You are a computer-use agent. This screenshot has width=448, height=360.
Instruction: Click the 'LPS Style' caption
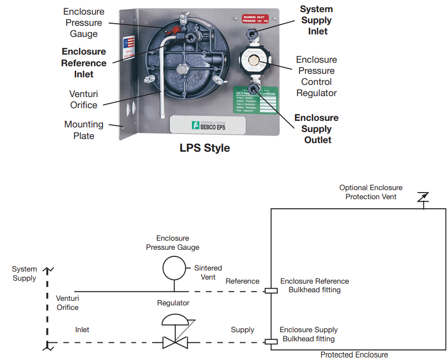tap(205, 148)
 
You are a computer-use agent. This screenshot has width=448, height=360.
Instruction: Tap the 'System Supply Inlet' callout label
tap(316, 20)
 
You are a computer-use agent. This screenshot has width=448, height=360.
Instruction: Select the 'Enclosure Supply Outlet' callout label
tap(316, 129)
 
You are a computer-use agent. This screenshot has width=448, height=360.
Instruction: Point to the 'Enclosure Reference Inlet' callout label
tap(84, 63)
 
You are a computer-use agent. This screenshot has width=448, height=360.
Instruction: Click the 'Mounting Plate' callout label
tap(84, 130)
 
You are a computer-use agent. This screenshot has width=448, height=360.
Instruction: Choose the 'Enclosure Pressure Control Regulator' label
tap(316, 76)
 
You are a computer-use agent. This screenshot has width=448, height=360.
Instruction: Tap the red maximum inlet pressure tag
tap(255, 19)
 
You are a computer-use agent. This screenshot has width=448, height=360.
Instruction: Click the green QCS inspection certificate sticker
tap(256, 100)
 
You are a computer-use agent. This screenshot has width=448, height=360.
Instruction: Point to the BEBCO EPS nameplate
tap(208, 125)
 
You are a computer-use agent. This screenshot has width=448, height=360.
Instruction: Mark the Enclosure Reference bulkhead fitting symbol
tap(271, 291)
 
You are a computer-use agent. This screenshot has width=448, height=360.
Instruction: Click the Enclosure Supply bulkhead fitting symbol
tap(271, 342)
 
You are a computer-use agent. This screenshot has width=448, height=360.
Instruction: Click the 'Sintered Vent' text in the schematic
tap(208, 273)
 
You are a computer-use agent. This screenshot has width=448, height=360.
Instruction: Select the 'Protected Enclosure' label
tap(354, 354)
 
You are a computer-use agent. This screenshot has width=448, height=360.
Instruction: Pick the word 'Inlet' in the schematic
tap(82, 330)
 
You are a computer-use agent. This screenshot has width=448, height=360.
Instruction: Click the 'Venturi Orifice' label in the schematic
tap(67, 302)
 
